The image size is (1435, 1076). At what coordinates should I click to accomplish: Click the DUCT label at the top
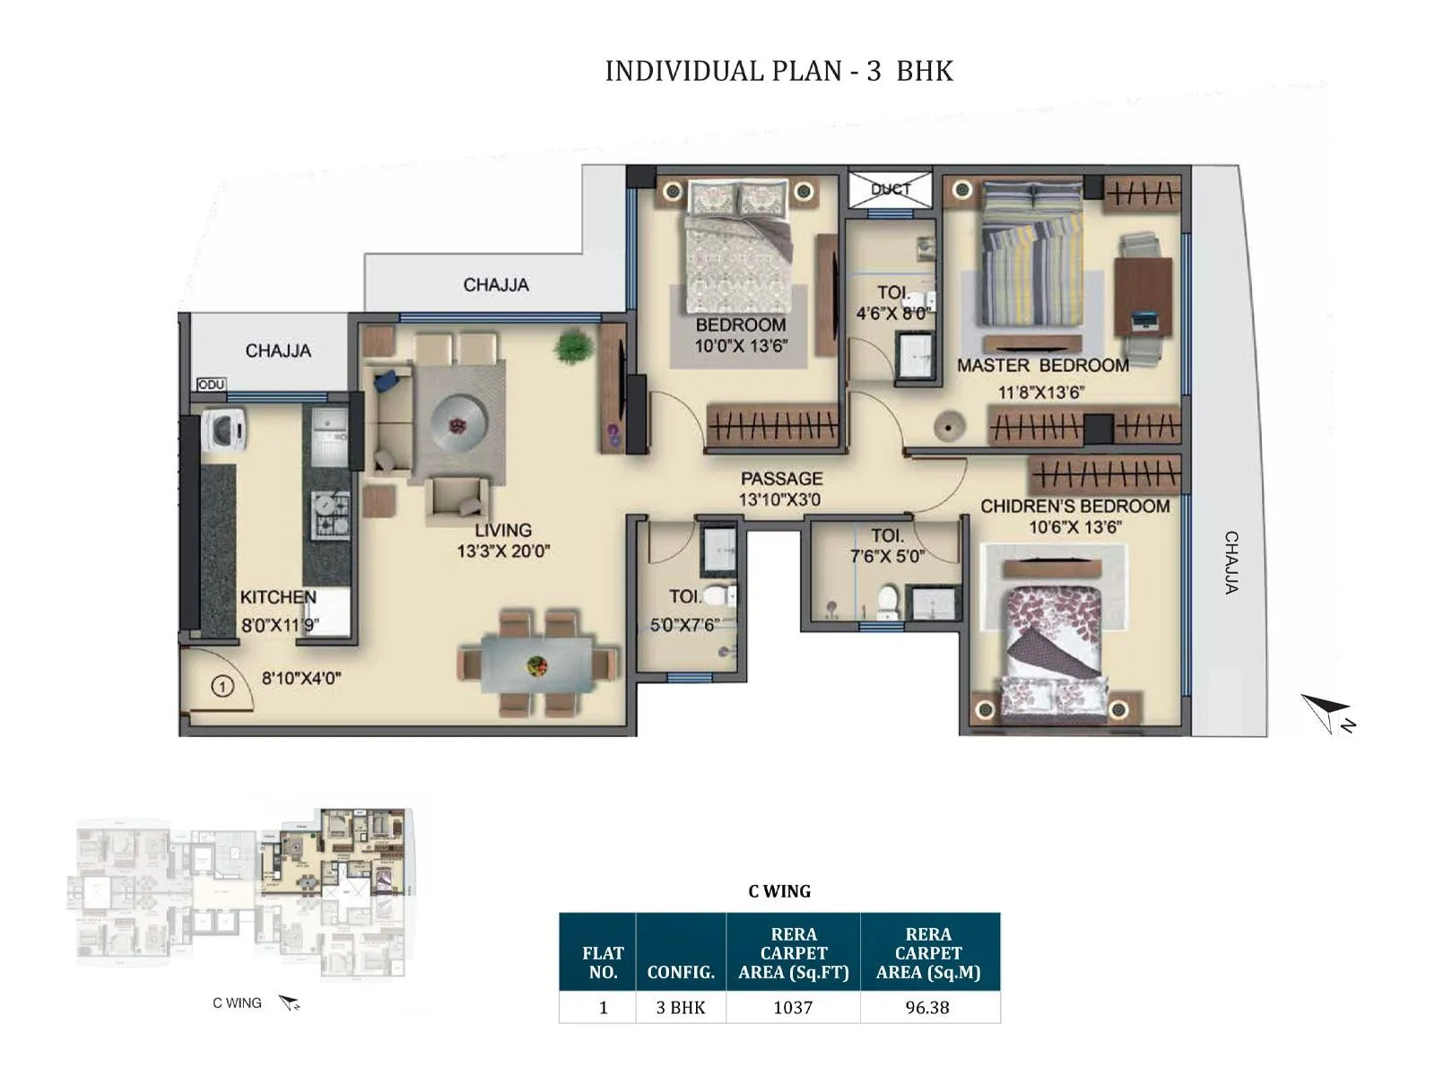tap(890, 189)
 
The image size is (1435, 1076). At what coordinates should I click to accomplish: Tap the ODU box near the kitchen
tap(211, 385)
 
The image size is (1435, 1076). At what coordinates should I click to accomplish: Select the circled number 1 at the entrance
tap(222, 687)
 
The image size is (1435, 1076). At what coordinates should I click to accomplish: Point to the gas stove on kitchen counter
tap(330, 515)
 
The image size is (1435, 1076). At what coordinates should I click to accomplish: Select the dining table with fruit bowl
tap(537, 665)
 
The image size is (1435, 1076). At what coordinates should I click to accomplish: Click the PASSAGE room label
tap(780, 479)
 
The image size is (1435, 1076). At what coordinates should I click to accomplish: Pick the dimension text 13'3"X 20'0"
tap(502, 551)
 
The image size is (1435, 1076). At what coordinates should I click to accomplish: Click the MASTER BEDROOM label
tap(1042, 366)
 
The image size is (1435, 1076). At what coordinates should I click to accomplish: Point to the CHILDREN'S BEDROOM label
tap(1074, 507)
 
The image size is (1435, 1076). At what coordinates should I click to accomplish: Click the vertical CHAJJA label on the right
tap(1232, 562)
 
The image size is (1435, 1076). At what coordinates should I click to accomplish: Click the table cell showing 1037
tap(793, 1007)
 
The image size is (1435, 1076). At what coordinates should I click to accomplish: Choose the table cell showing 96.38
tap(927, 1007)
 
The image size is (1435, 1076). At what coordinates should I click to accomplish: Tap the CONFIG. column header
tap(681, 972)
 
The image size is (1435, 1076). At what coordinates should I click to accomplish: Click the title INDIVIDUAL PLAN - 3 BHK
tap(778, 71)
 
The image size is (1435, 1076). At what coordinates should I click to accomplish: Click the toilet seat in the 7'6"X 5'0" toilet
tap(887, 602)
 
